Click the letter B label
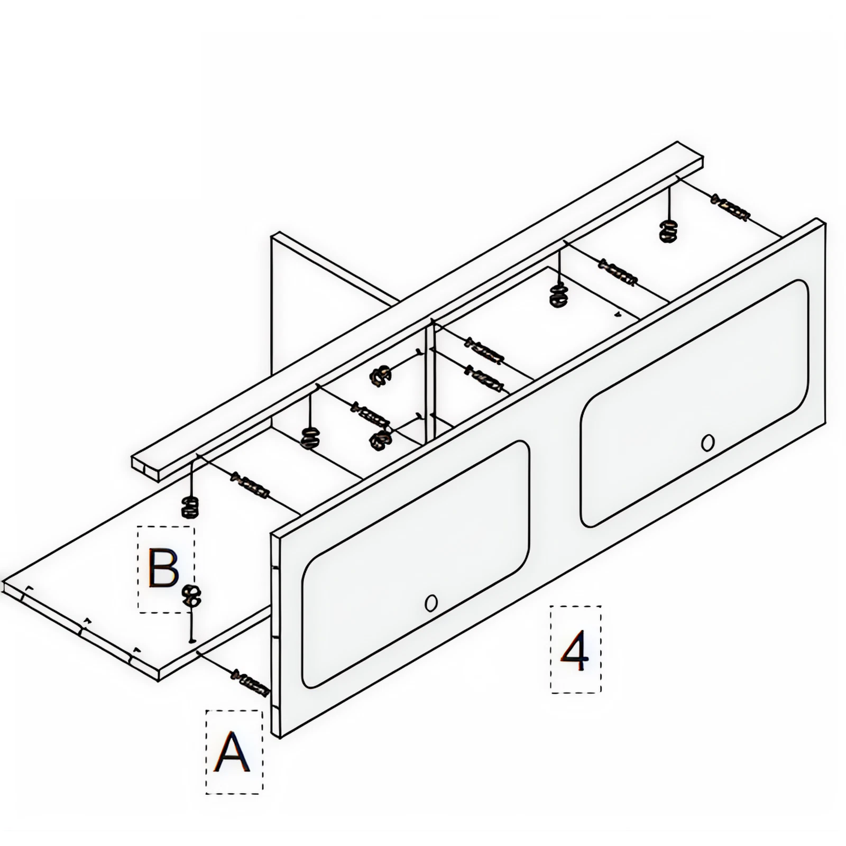click(x=164, y=568)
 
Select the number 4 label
click(x=575, y=650)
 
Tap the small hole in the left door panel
click(x=431, y=603)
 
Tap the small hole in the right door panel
click(x=707, y=443)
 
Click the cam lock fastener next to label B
click(x=191, y=597)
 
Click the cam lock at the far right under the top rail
click(x=668, y=231)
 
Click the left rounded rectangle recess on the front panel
click(x=415, y=563)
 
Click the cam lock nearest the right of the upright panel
click(x=381, y=376)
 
